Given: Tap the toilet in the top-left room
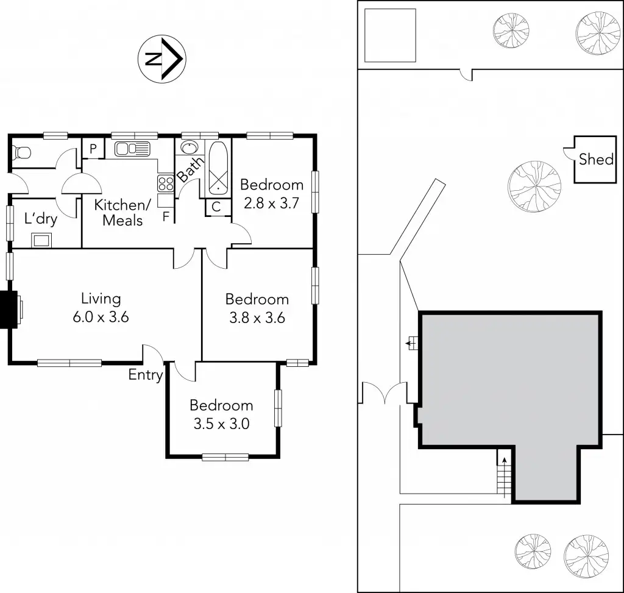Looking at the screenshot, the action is [22, 151].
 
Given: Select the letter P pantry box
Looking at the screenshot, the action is [93, 148].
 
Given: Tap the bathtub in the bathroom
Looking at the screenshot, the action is [218, 167].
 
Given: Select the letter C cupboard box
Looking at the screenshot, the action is [216, 207].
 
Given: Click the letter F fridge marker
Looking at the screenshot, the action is [166, 215].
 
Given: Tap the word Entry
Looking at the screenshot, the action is [145, 375].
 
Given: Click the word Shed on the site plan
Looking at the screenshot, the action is [595, 160].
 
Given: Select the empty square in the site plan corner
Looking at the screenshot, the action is [390, 35].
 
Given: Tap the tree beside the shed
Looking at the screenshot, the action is [534, 186].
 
